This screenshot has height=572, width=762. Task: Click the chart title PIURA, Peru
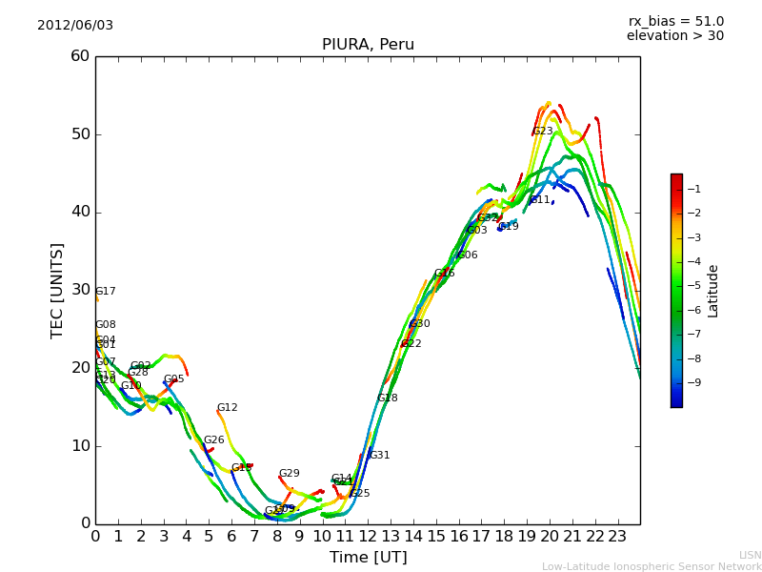click(x=368, y=45)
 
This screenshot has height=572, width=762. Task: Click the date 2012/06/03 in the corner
click(x=75, y=26)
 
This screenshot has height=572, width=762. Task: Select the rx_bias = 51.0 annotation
click(x=675, y=22)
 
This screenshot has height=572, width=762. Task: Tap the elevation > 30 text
click(x=674, y=36)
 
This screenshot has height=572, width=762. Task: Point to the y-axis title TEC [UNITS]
click(x=57, y=290)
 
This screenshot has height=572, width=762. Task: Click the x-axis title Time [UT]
click(x=368, y=558)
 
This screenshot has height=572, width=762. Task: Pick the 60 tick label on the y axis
click(x=80, y=56)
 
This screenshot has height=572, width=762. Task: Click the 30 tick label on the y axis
click(x=80, y=290)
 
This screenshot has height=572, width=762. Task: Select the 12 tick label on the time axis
click(x=368, y=536)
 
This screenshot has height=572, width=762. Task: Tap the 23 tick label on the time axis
click(x=617, y=536)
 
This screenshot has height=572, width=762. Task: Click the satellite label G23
click(x=543, y=132)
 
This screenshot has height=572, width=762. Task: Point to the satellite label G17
click(x=106, y=292)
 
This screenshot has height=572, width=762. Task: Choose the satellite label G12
click(x=228, y=408)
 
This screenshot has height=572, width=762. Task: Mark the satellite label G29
click(x=290, y=474)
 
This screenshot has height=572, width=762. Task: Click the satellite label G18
click(x=388, y=398)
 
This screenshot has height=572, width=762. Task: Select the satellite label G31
click(x=380, y=456)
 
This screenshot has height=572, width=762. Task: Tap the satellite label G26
click(x=214, y=440)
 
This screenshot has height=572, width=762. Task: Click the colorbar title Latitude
click(x=713, y=291)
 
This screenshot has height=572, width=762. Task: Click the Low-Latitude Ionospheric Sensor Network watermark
click(x=652, y=567)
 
